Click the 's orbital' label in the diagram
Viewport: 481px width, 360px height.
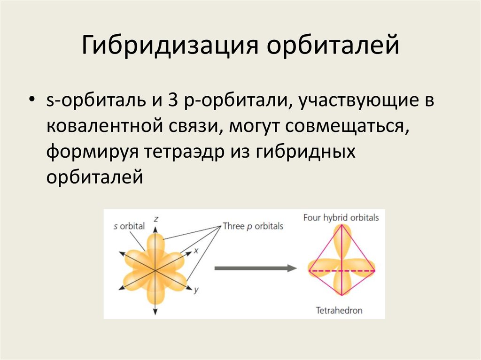(129, 226)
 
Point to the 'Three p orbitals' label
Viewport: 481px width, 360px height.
(253, 226)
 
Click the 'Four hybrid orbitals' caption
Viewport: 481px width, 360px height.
(341, 218)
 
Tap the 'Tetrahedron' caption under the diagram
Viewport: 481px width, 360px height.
(339, 310)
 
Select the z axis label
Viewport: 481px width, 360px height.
(155, 218)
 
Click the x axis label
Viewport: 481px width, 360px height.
(197, 251)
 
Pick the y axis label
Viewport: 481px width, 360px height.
(196, 291)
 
